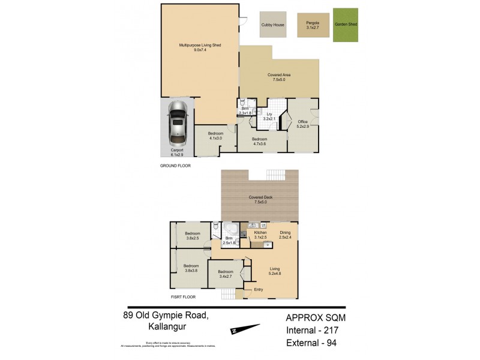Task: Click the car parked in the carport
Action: (x=178, y=124)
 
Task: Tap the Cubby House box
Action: (x=272, y=25)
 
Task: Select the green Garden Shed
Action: (x=346, y=25)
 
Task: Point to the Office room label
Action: (x=302, y=124)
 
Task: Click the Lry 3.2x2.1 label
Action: (x=269, y=116)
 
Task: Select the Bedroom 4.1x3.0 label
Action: (x=215, y=136)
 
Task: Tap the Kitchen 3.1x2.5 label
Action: (x=260, y=234)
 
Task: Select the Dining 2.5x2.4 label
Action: (x=285, y=234)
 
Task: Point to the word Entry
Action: (x=259, y=290)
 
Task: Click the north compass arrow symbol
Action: (x=245, y=329)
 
